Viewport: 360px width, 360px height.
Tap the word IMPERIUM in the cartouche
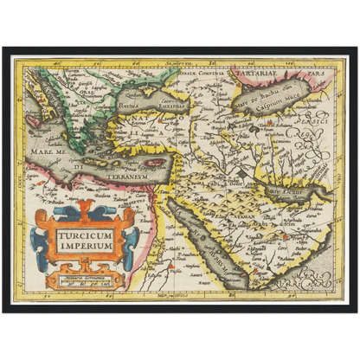coord(86,245)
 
